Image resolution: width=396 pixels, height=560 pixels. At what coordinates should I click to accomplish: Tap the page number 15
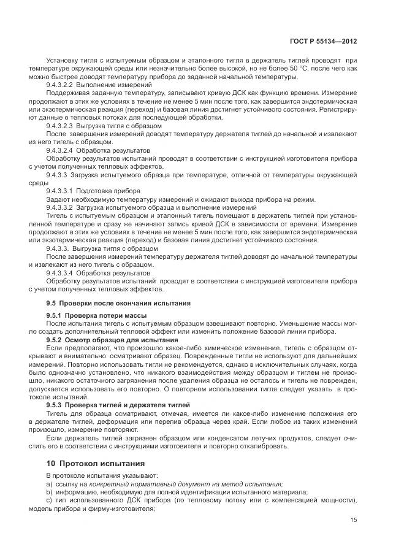[354, 520]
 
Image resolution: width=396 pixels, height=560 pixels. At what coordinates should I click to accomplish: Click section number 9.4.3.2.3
[63, 125]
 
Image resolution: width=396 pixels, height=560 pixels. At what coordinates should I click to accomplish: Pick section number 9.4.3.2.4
[63, 150]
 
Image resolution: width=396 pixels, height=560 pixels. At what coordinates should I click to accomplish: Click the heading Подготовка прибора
[110, 191]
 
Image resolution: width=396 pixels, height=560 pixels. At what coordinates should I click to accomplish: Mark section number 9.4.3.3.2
[63, 209]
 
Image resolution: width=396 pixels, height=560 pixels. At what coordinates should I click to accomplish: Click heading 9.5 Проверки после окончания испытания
[118, 303]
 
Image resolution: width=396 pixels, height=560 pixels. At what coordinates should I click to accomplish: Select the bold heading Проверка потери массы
[98, 315]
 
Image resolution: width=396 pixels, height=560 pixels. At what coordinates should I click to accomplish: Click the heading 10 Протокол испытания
[91, 463]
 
